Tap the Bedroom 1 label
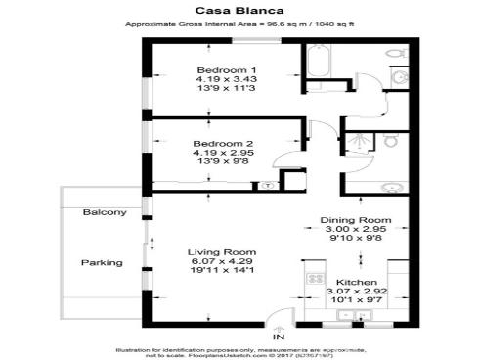[226, 70]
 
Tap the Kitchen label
[357, 281]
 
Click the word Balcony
[105, 212]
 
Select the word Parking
[101, 262]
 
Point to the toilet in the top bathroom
[399, 78]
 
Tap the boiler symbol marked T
[267, 184]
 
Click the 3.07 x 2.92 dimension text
[357, 292]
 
